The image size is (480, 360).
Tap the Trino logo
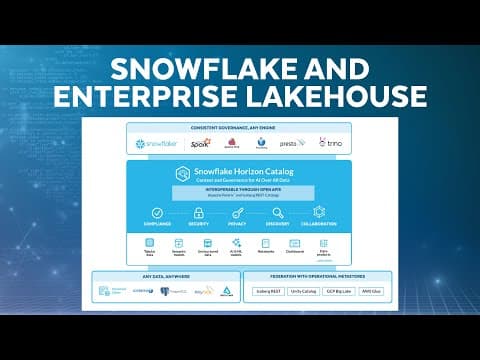pyautogui.click(x=329, y=143)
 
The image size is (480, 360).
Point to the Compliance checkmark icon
pyautogui.click(x=156, y=212)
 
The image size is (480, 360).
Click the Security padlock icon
pyautogui.click(x=197, y=212)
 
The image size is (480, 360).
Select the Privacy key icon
pyautogui.click(x=238, y=212)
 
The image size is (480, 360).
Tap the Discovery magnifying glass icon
pyautogui.click(x=278, y=212)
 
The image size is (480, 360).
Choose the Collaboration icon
pyautogui.click(x=319, y=212)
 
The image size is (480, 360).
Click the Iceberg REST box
pyautogui.click(x=278, y=291)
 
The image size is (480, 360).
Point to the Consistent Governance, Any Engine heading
pyautogui.click(x=239, y=128)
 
